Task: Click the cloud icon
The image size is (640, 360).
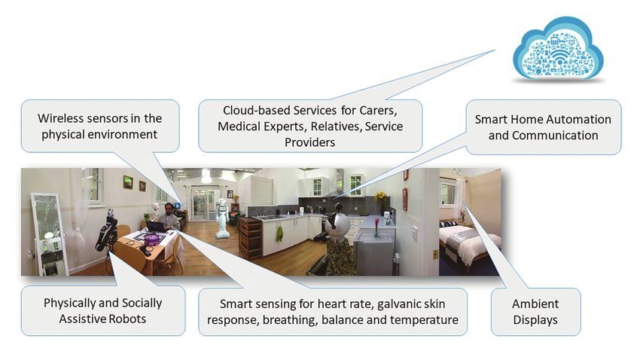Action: [558, 49]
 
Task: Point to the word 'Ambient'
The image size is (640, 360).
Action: [535, 304]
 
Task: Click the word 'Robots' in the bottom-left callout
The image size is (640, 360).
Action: [126, 319]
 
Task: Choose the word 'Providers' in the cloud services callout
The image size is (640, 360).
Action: [309, 142]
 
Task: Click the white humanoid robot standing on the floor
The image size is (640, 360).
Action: [221, 217]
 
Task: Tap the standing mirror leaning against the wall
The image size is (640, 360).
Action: [49, 235]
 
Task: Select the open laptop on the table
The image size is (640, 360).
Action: [156, 226]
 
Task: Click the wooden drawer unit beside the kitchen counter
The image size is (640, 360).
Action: [250, 238]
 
